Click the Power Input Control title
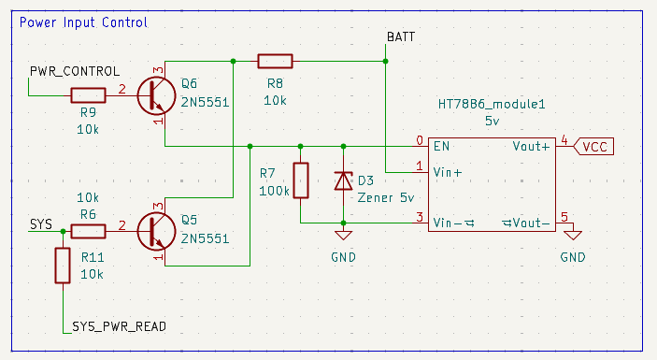click(83, 22)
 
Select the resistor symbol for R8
click(275, 61)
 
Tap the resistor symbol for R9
click(88, 95)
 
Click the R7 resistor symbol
click(301, 180)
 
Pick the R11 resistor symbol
click(63, 266)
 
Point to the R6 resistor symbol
click(88, 231)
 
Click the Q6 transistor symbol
click(156, 95)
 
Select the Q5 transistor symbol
click(156, 231)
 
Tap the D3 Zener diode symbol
click(344, 181)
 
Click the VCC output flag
click(593, 147)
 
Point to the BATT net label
click(401, 36)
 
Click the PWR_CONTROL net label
click(75, 71)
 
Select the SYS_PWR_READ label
click(119, 326)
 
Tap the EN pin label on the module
click(442, 146)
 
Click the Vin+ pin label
click(448, 172)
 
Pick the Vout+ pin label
click(531, 146)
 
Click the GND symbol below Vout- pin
click(573, 235)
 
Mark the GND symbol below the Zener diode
click(344, 235)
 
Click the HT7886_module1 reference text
click(492, 104)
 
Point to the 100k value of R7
click(274, 191)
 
